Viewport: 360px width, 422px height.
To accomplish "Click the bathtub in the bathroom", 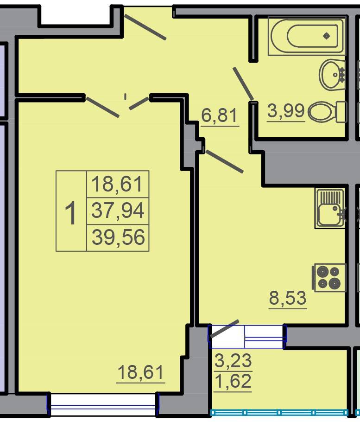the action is tap(306, 36).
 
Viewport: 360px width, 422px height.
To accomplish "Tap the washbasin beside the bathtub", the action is tap(332, 75).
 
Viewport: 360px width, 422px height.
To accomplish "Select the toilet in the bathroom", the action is tap(327, 112).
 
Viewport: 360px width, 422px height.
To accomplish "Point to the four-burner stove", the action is tap(329, 277).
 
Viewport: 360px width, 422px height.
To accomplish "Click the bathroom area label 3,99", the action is tap(286, 111).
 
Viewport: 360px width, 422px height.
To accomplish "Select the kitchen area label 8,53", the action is tap(288, 298).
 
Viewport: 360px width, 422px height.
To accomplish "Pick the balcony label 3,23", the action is tap(233, 360).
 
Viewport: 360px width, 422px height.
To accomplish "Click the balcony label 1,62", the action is tap(233, 381).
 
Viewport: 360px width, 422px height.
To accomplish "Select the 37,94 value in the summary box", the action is tap(118, 211).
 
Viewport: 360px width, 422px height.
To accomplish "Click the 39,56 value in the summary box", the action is tap(118, 237).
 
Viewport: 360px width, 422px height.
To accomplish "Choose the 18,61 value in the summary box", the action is tap(117, 184).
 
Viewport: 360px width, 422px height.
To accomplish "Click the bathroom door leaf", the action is tap(243, 83).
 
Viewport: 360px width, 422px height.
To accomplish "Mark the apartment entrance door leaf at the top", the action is tap(145, 27).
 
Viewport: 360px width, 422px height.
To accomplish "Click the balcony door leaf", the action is tap(224, 329).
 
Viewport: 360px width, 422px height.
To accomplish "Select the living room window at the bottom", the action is tap(103, 404).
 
